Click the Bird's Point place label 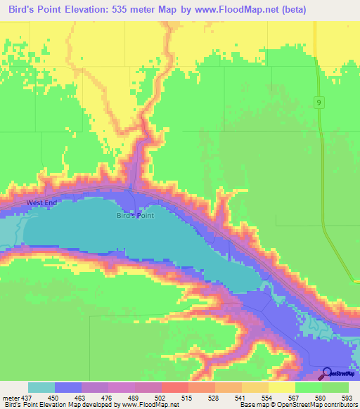coord(135,216)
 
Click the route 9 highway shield coord(319,103)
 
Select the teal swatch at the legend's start coord(41,387)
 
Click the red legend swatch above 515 coord(175,387)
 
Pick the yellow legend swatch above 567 coord(282,387)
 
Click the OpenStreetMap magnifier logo coord(327,373)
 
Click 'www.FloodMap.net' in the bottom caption coord(149,405)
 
